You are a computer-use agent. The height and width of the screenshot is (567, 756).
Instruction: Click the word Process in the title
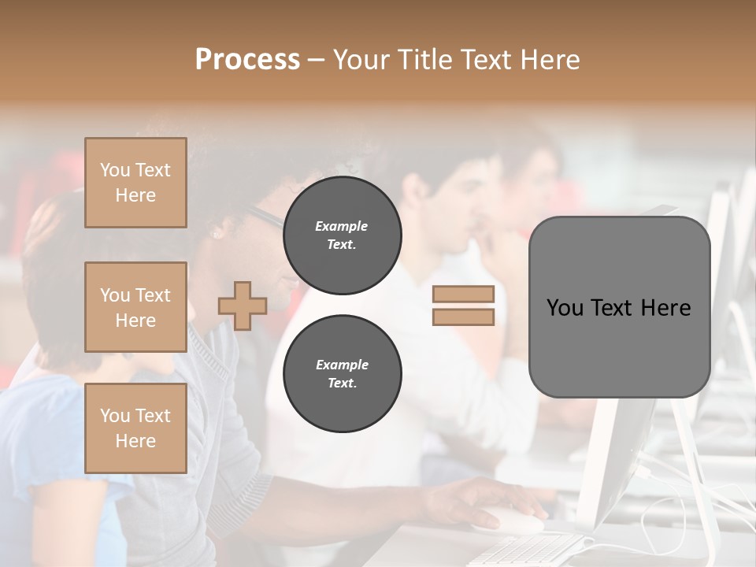coord(247,60)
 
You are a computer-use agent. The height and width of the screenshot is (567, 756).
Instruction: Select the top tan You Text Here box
coord(135,183)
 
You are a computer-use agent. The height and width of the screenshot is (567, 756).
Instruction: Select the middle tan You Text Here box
coord(135,307)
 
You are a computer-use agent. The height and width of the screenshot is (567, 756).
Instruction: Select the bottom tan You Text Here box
coord(135,428)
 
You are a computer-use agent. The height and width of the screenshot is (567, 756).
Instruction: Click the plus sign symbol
coord(243,306)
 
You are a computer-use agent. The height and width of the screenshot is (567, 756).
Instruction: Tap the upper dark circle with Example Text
coord(342,235)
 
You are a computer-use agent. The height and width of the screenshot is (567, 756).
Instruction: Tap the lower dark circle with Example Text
coord(342,374)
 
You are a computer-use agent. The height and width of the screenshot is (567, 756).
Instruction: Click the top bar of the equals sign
coord(463,295)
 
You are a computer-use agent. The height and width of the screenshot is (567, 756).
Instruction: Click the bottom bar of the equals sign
coord(463,317)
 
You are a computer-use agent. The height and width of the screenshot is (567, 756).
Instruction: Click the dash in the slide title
coord(316,60)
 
